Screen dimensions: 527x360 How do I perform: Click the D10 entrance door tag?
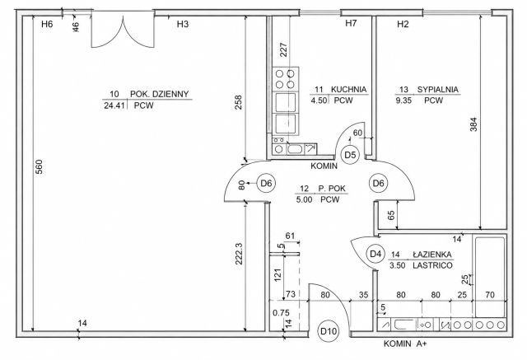(x=329, y=331)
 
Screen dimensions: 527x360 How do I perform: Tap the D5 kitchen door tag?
(x=350, y=155)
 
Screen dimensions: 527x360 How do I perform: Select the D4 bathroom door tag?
(x=375, y=254)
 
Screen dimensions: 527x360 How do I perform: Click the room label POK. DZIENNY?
(x=159, y=94)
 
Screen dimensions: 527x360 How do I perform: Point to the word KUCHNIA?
(x=348, y=90)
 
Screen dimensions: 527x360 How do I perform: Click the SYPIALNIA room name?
(x=437, y=90)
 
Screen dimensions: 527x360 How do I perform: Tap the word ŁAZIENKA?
(x=431, y=255)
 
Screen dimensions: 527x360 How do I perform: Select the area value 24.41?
(x=114, y=105)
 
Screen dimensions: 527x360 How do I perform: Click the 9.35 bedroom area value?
(x=403, y=101)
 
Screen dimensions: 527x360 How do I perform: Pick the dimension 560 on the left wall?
(x=39, y=166)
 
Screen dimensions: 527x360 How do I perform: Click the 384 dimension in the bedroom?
(x=473, y=124)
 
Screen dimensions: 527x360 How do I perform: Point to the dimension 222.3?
(x=239, y=254)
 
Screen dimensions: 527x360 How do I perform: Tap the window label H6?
(x=47, y=24)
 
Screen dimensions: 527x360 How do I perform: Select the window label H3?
(x=183, y=24)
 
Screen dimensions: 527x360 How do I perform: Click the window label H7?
(x=351, y=23)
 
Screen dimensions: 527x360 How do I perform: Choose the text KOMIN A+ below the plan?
(x=405, y=344)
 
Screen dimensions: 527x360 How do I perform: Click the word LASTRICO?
(x=432, y=265)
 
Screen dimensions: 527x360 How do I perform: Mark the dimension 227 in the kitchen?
(x=283, y=49)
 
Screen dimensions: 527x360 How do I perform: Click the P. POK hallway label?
(x=332, y=189)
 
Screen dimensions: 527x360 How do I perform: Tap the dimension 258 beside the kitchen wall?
(x=238, y=102)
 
